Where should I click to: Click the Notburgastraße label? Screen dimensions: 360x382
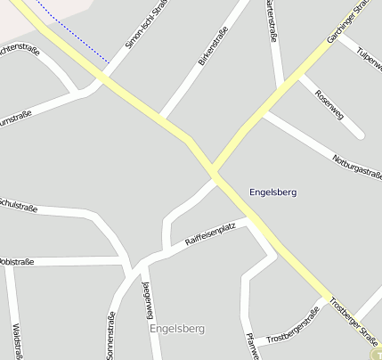[357, 164]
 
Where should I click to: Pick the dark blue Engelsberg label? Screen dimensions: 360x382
[273, 192]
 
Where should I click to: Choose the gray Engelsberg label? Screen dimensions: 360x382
[178, 329]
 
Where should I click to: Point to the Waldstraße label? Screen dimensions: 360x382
[17, 340]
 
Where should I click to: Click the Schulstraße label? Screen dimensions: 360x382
[18, 206]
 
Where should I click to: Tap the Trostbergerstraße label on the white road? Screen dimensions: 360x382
[293, 325]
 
